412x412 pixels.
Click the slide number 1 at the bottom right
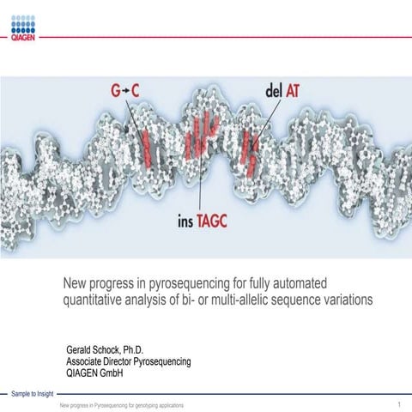click(x=400, y=403)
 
